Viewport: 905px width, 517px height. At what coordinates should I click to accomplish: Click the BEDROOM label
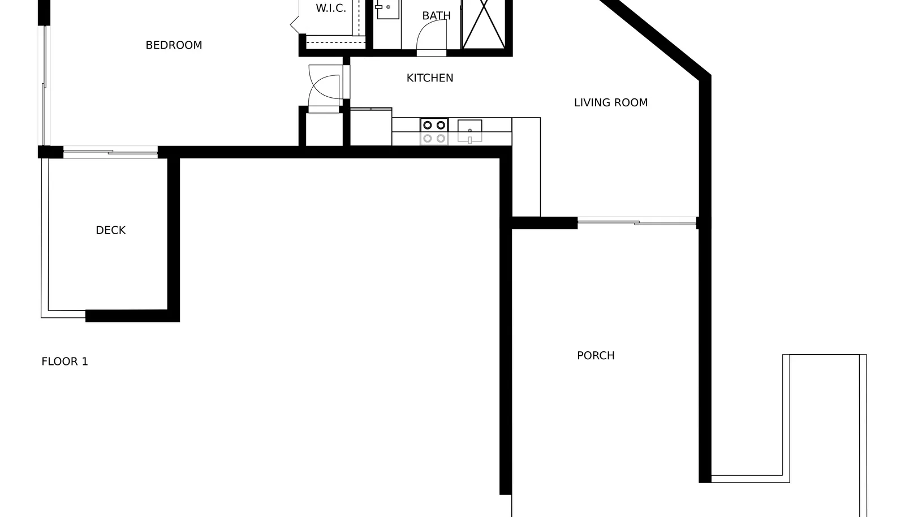[x=174, y=45]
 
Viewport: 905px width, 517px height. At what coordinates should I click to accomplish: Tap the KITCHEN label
[x=430, y=78]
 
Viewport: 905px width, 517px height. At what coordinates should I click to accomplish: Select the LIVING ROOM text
[x=611, y=102]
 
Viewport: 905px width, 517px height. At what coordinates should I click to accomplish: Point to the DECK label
[x=111, y=230]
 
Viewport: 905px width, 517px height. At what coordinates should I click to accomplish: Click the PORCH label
[x=596, y=355]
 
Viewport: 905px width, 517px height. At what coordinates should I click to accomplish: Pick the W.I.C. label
[x=331, y=8]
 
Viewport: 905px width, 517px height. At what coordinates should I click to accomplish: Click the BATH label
[x=436, y=16]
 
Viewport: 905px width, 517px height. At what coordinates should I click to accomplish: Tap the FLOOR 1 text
[x=64, y=361]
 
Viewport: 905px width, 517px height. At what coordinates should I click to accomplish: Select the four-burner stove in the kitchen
[x=434, y=132]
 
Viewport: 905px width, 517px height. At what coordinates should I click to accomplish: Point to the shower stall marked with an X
[x=483, y=24]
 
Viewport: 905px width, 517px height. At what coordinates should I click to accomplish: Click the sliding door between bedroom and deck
[x=110, y=152]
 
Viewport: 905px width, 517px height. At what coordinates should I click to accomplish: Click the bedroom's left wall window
[x=44, y=85]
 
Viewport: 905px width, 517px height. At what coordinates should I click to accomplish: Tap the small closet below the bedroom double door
[x=325, y=129]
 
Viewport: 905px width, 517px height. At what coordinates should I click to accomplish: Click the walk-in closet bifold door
[x=295, y=25]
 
